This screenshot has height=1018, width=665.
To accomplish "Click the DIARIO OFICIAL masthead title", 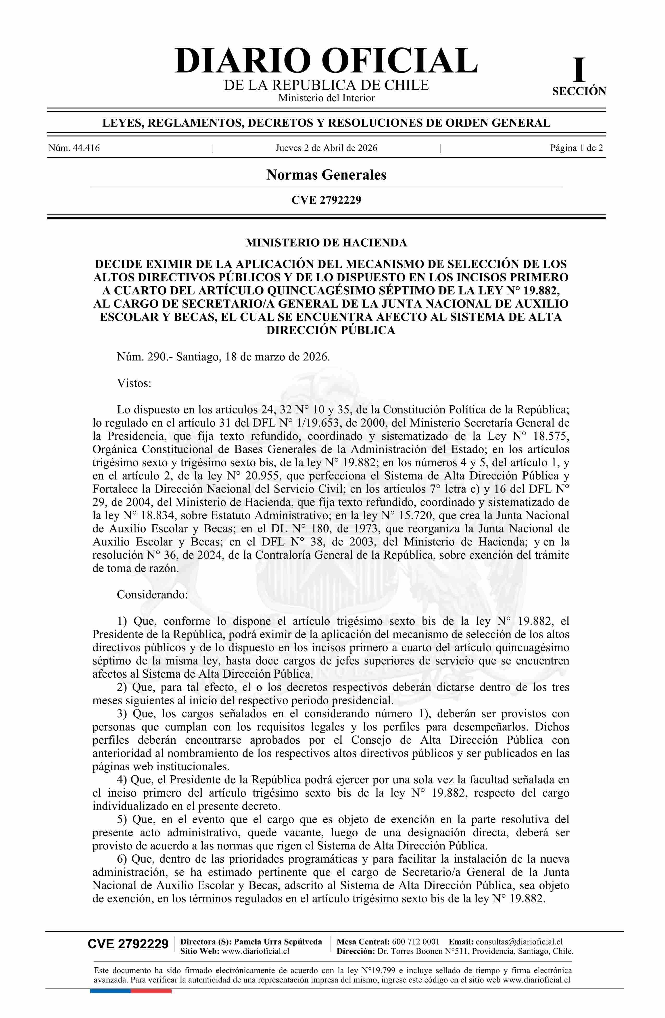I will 326,61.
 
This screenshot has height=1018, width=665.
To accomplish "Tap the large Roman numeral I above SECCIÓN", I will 579,70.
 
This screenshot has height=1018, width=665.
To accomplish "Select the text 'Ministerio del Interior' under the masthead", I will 326,98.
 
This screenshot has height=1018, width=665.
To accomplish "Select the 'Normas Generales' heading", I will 326,175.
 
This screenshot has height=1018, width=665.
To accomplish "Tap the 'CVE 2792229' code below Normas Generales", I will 326,200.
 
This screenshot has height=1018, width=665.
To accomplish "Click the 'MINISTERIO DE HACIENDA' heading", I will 326,243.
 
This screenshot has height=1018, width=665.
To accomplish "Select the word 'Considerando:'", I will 152,595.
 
